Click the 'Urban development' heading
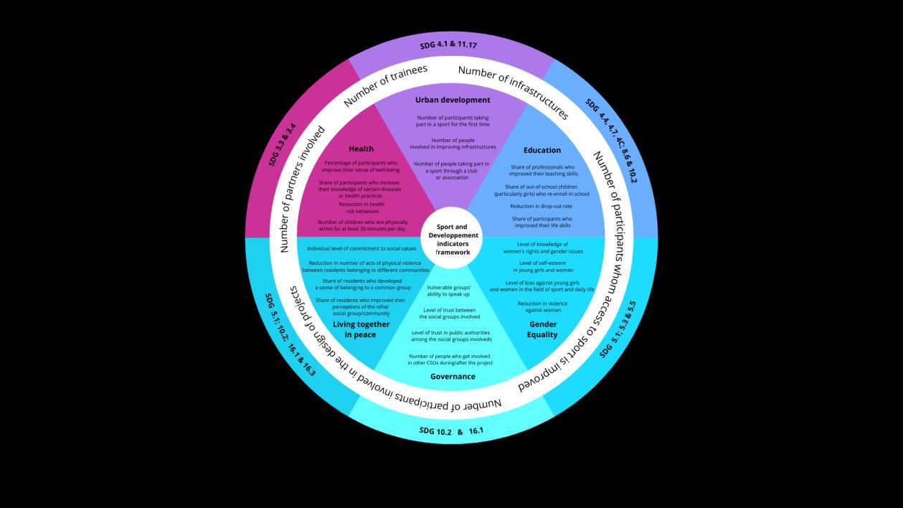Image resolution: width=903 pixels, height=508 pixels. coord(453,100)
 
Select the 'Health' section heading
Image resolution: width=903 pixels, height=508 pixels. coord(361,149)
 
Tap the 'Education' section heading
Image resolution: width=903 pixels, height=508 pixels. coord(542,150)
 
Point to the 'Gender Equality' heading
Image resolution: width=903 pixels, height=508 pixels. coord(542,329)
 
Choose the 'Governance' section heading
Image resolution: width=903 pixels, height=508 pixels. coord(453,376)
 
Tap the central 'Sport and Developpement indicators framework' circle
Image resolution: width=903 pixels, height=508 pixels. coord(453,240)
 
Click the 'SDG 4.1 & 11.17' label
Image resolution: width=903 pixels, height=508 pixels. coord(448,45)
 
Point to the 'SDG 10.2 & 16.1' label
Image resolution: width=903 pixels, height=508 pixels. coord(451,431)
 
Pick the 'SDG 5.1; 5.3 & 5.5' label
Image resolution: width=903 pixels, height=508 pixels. coord(618,329)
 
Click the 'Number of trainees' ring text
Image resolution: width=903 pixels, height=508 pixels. coord(385,85)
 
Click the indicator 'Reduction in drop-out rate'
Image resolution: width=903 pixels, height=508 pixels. coord(542,206)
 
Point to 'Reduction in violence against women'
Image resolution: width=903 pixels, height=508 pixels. coord(542,306)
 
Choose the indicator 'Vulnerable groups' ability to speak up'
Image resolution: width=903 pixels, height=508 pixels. coord(448,291)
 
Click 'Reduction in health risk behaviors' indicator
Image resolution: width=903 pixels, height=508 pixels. coord(361,208)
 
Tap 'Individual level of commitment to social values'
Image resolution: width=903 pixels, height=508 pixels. coord(361,248)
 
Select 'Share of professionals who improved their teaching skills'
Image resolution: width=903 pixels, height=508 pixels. coord(542,170)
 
